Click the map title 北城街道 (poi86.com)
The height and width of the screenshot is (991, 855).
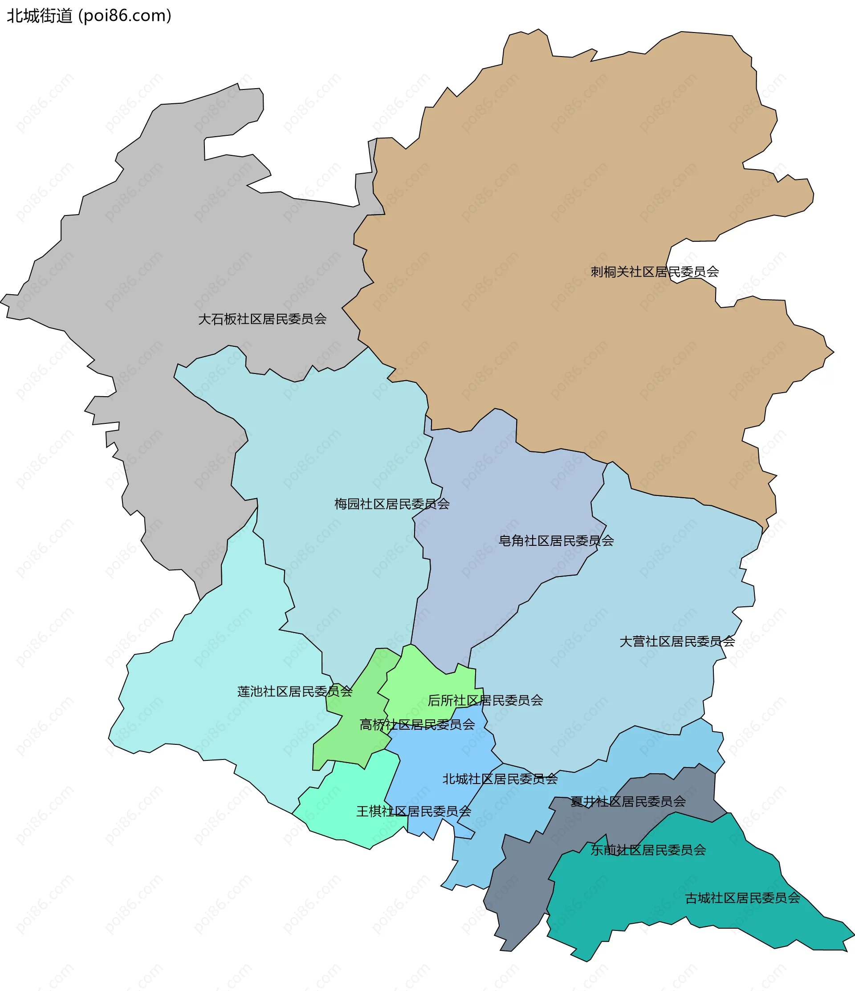coord(89,16)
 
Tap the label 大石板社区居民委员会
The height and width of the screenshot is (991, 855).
coord(262,319)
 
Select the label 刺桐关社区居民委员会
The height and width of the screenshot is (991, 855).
coord(655,272)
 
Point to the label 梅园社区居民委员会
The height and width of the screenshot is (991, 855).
coord(392,504)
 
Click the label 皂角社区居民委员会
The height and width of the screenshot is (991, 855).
coord(556,541)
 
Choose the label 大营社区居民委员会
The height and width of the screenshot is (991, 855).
coord(677,642)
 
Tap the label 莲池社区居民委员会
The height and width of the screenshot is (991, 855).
coord(295,691)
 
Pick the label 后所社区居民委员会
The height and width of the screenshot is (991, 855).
coord(485,701)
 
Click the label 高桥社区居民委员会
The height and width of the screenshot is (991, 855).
coord(417,725)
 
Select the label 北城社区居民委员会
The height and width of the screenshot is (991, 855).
coord(500,779)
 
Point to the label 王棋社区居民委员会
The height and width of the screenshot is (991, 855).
coord(414,811)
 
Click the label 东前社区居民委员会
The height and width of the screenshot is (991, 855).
coord(648,850)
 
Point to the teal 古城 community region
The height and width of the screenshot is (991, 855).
coord(670,899)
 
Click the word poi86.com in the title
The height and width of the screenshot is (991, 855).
coord(124,16)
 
